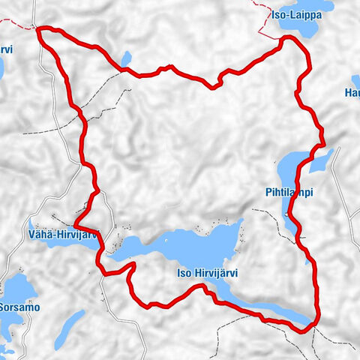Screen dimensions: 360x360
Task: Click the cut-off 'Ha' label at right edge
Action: coord(352,93)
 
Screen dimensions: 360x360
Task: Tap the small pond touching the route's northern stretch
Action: coord(126,58)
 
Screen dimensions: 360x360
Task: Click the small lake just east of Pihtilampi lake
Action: coord(322,159)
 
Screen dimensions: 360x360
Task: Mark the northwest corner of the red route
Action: coord(39,29)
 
